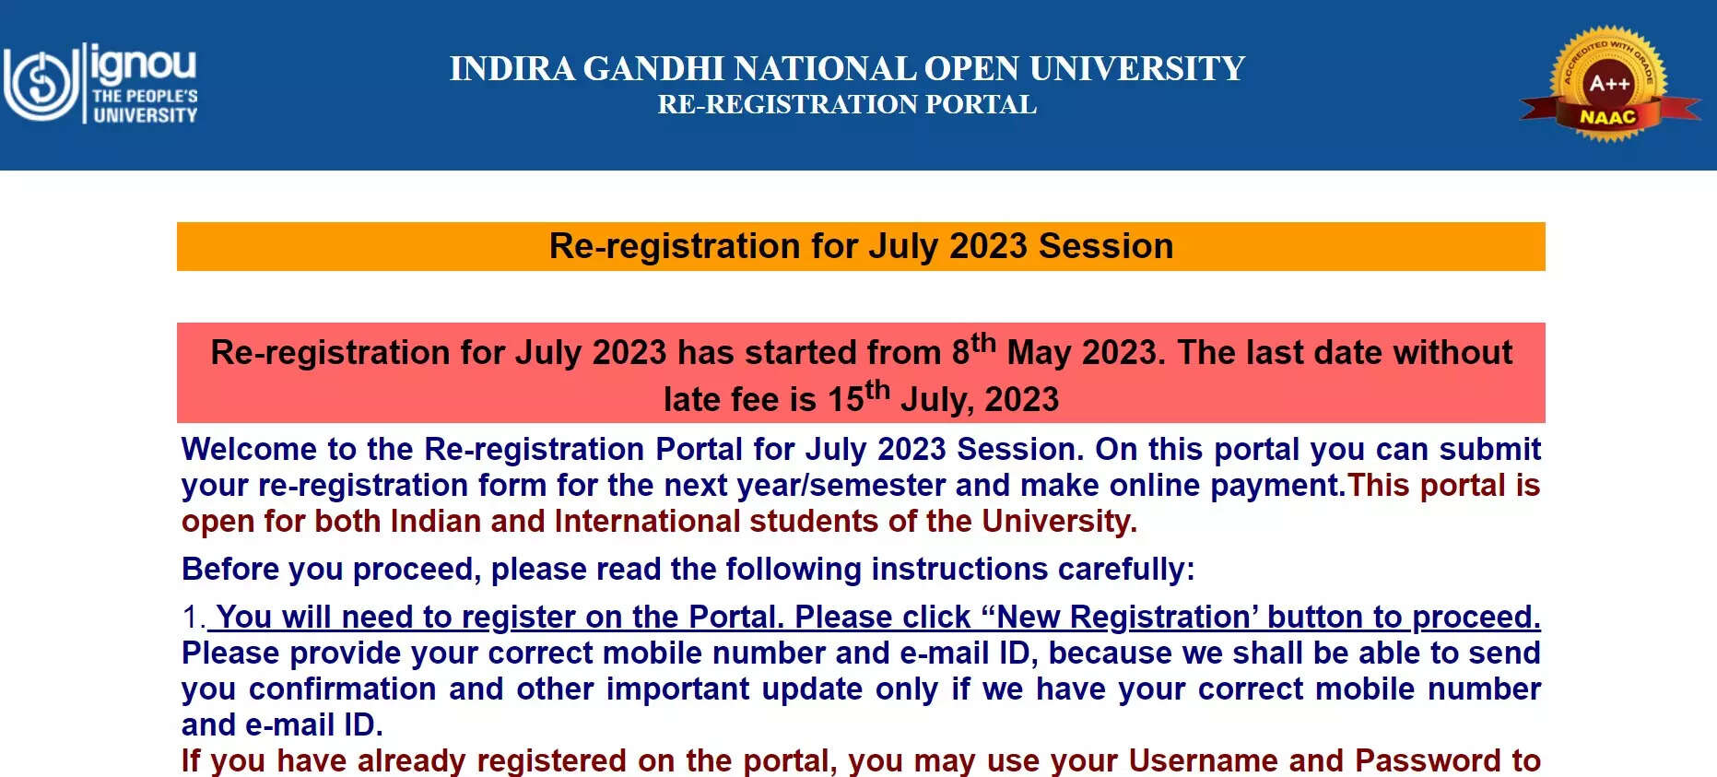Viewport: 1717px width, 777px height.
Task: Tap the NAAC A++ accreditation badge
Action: tap(1609, 84)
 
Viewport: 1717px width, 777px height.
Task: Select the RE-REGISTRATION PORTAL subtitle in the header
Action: tap(847, 105)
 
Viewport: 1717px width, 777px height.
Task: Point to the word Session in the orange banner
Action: tap(1106, 246)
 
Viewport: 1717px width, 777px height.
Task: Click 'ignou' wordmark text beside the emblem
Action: tap(144, 65)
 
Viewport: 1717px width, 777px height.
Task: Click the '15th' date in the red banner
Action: tap(859, 396)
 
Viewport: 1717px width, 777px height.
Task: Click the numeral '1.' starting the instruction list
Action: tap(194, 617)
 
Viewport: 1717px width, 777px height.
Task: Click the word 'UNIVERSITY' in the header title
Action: tap(1137, 69)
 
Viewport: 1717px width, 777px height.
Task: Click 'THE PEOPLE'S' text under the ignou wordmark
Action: tap(145, 96)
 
